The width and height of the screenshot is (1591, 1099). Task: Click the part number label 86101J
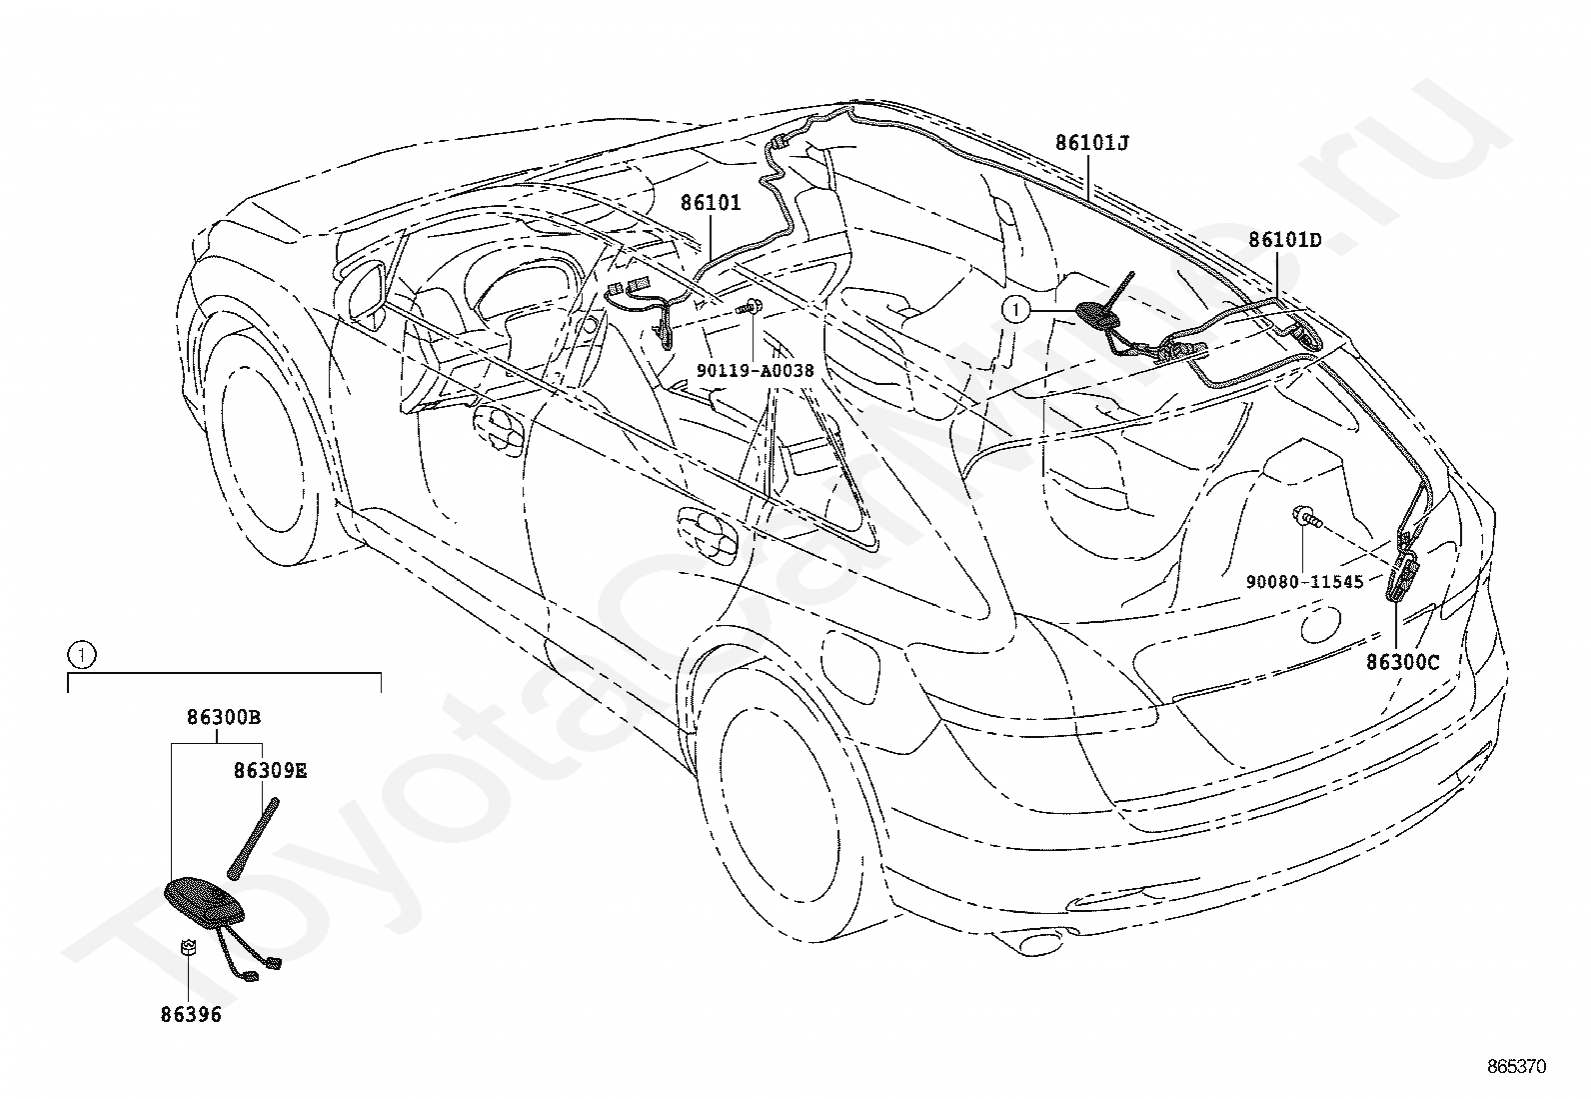(1091, 143)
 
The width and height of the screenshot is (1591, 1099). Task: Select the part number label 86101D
(1285, 240)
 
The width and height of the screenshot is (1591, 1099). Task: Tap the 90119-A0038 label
(755, 370)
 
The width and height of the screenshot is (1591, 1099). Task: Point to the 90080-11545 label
(1305, 582)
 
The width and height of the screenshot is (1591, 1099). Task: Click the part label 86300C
(1403, 663)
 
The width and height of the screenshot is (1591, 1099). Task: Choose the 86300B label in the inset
(224, 717)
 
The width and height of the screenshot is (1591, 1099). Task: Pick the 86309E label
(271, 771)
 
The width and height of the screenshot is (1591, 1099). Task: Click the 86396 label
(191, 1015)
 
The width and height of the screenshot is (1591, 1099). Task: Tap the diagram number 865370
(1516, 1067)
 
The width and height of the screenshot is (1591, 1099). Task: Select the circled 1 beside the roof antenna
(1016, 310)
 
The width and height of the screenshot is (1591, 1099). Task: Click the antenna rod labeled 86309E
(253, 839)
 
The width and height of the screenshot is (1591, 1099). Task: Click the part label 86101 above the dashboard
(711, 203)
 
